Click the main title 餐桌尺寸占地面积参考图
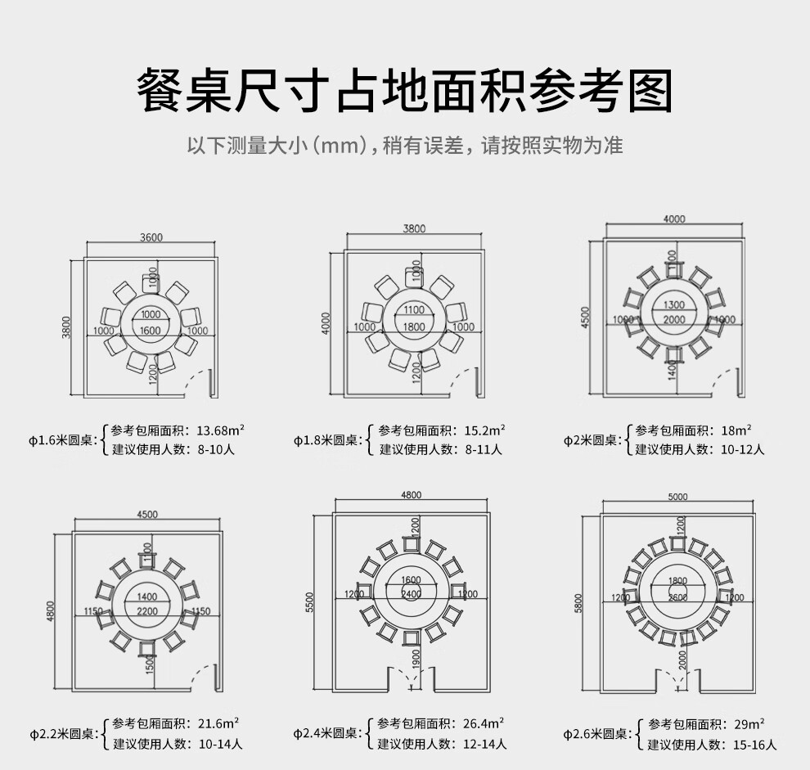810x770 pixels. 404,91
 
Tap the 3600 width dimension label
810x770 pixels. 151,238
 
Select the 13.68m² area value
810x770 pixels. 221,431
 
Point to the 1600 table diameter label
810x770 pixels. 151,330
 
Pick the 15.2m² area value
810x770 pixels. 484,430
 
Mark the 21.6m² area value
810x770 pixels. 218,724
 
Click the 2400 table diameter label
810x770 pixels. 411,593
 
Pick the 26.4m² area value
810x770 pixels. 484,724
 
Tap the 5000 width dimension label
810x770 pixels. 677,497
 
